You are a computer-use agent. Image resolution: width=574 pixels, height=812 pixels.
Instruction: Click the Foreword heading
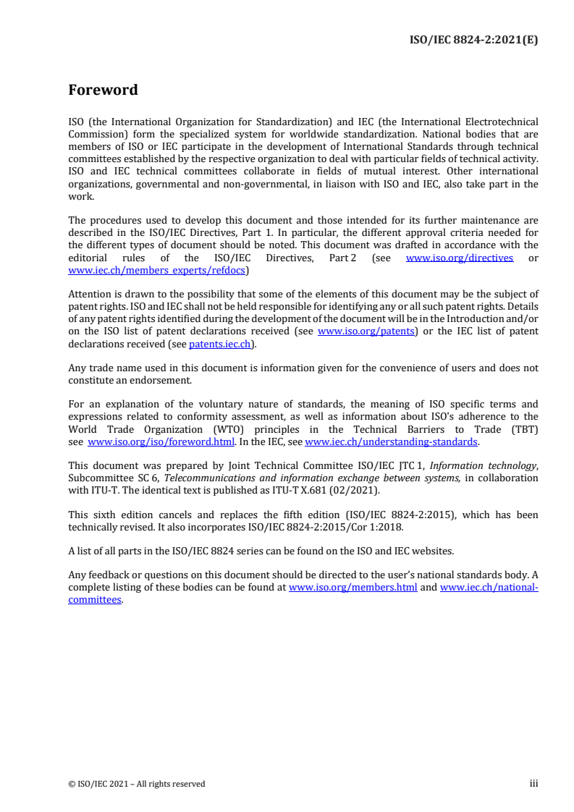tap(103, 90)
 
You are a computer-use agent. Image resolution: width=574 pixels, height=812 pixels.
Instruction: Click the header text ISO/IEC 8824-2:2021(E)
tap(474, 40)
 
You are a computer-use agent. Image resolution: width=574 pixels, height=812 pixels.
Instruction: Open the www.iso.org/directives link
tap(460, 258)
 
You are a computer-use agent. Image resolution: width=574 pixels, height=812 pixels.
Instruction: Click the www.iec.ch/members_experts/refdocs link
tap(156, 271)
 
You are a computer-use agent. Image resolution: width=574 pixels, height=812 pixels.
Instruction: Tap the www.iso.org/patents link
tap(366, 331)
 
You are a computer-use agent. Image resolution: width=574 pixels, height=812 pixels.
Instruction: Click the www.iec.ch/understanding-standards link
tap(391, 441)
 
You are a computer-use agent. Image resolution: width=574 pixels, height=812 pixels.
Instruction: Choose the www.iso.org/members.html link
tap(353, 588)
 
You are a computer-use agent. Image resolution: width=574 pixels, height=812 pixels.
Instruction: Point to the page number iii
tap(533, 783)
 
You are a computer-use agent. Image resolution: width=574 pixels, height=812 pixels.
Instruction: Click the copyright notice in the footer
tap(136, 784)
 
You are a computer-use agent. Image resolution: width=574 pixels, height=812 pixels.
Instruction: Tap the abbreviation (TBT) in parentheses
tap(523, 429)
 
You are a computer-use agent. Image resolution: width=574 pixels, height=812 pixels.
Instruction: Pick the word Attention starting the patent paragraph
tap(90, 295)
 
